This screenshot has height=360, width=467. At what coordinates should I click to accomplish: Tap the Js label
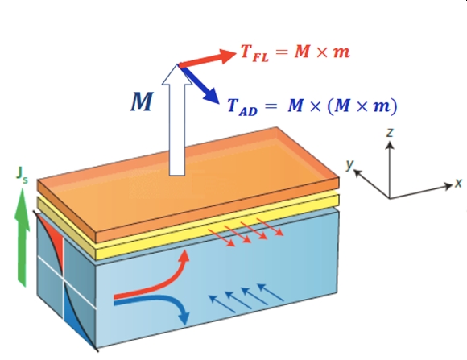point(22,175)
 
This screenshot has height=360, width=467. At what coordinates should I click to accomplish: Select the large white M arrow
point(177,119)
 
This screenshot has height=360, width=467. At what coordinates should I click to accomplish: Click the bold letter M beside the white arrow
point(142,101)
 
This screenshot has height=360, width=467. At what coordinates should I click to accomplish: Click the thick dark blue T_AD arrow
point(200,85)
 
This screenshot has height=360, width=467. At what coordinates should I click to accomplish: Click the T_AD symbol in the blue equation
point(242,106)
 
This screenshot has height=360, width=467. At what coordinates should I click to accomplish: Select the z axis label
point(389,132)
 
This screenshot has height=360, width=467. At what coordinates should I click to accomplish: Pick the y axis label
point(350,164)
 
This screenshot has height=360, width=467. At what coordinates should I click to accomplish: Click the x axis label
point(458,183)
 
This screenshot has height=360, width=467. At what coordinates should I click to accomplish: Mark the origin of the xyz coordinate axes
point(390,198)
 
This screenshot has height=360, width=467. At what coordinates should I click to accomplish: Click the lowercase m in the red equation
point(341,52)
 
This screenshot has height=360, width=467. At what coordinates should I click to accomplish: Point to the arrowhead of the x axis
point(448,186)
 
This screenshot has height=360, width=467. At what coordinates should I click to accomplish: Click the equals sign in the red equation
point(282,52)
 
